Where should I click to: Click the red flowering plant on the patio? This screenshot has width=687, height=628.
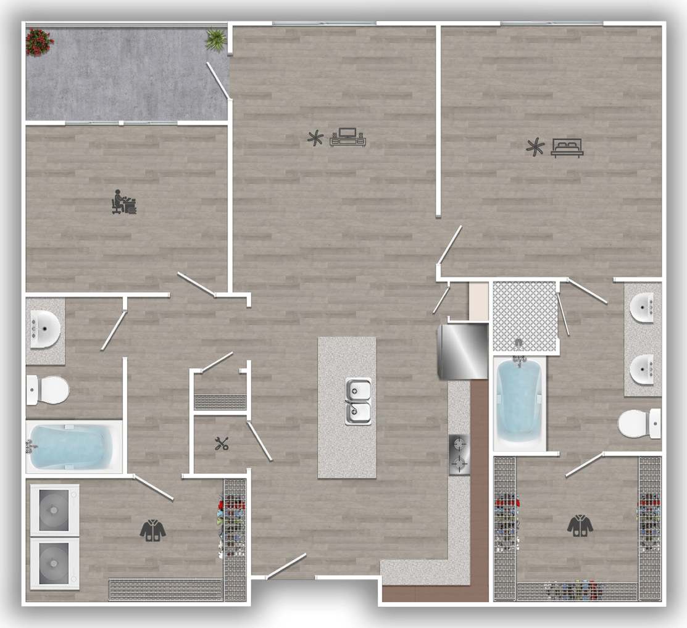[40, 41]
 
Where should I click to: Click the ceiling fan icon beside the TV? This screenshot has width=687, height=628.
[315, 138]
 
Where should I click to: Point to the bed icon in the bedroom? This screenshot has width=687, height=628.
[567, 147]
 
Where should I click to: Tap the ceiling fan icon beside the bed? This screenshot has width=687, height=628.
[535, 147]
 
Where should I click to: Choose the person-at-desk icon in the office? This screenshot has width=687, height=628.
[123, 202]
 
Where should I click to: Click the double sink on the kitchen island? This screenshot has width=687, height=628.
[358, 401]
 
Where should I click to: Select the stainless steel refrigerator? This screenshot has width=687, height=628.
[463, 351]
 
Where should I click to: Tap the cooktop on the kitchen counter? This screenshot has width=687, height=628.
[459, 454]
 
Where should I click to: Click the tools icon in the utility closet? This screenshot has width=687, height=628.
[222, 443]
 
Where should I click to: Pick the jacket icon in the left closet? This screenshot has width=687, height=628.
[152, 530]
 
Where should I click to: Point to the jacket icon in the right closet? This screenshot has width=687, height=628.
[580, 525]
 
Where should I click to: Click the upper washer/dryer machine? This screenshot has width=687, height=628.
[54, 510]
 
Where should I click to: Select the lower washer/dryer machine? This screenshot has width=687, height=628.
[54, 563]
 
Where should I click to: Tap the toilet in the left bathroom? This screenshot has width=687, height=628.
[48, 390]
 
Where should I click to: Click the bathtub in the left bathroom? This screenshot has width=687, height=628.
[73, 446]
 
